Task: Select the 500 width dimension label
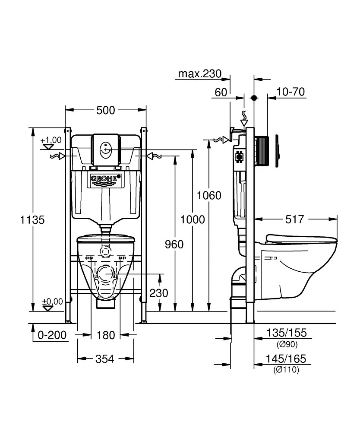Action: pyautogui.click(x=106, y=111)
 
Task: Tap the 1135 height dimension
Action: pyautogui.click(x=32, y=219)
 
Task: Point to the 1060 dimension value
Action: pyautogui.click(x=209, y=195)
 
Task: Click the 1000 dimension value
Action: pyautogui.click(x=193, y=219)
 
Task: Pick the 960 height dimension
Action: pyautogui.click(x=174, y=245)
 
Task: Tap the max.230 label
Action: pyautogui.click(x=199, y=74)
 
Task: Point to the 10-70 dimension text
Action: pyautogui.click(x=291, y=92)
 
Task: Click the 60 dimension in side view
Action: pyautogui.click(x=221, y=92)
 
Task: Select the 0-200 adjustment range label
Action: pyautogui.click(x=53, y=335)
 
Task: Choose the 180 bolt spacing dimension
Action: pyautogui.click(x=105, y=335)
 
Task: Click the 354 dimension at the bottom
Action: pyautogui.click(x=105, y=359)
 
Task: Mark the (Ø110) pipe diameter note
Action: pyautogui.click(x=286, y=370)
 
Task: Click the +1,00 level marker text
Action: pyautogui.click(x=51, y=140)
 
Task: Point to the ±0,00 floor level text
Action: pyautogui.click(x=52, y=301)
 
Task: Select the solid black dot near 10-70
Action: pyautogui.click(x=254, y=98)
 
